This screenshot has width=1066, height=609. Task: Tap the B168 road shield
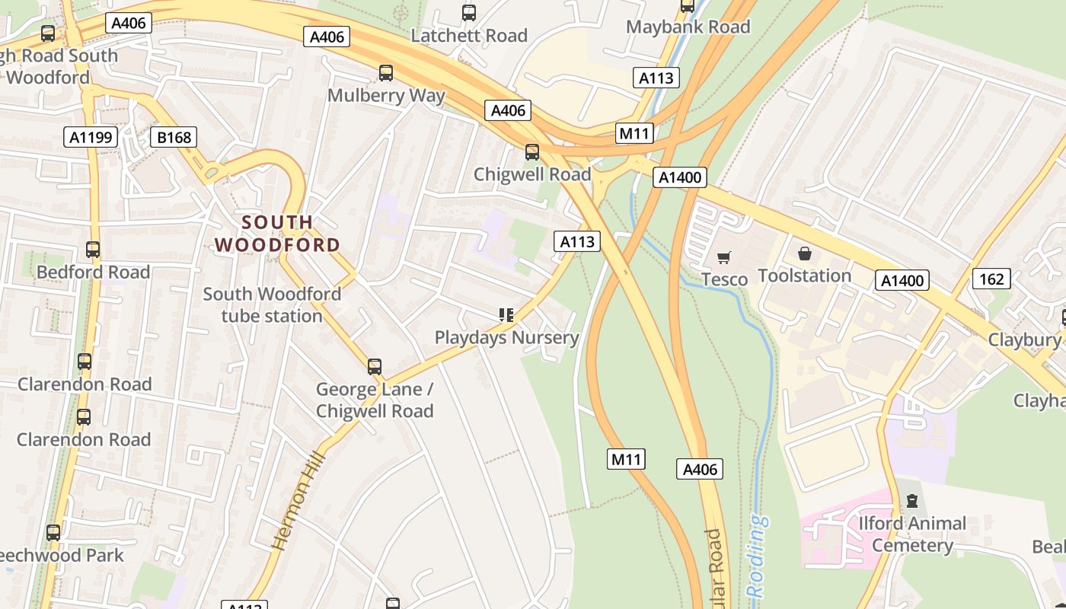click(x=174, y=137)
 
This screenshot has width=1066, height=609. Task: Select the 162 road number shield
click(x=991, y=279)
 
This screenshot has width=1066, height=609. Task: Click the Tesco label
click(x=724, y=279)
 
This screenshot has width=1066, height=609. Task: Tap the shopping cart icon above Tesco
click(x=724, y=257)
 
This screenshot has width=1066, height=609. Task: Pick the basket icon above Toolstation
click(x=805, y=253)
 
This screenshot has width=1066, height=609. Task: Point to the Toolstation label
click(x=804, y=276)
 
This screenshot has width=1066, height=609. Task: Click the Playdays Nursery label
click(x=506, y=337)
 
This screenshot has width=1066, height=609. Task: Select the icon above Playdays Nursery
click(x=506, y=314)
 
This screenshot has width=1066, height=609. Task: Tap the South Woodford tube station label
click(x=272, y=304)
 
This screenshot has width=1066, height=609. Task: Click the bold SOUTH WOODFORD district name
click(x=276, y=234)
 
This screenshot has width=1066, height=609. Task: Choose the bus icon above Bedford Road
click(x=93, y=249)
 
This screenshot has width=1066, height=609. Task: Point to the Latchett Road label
click(x=469, y=35)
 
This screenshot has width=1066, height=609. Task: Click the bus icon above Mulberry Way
click(x=386, y=73)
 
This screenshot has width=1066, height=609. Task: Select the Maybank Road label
click(x=688, y=27)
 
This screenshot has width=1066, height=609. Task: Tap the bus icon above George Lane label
click(x=375, y=366)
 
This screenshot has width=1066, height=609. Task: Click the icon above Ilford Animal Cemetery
click(x=911, y=501)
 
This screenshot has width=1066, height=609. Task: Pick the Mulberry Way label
click(x=386, y=96)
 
